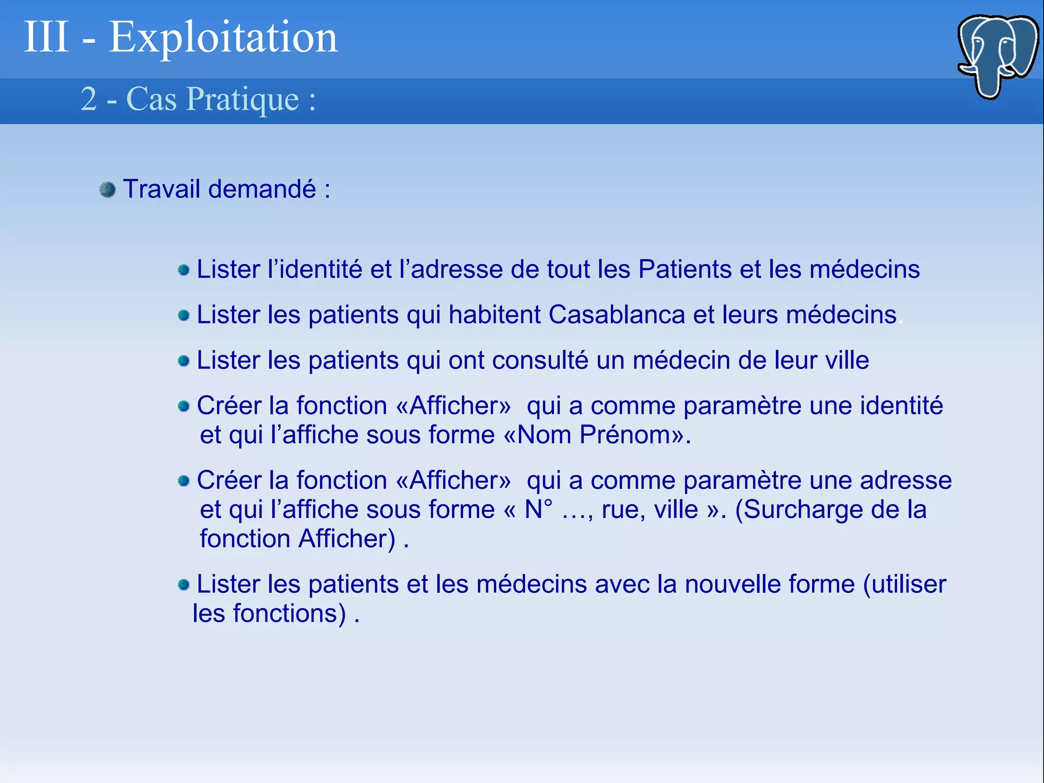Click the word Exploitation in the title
(x=223, y=37)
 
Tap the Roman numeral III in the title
(x=46, y=37)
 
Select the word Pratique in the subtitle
(x=243, y=99)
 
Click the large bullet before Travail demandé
(x=108, y=190)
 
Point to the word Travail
(x=162, y=189)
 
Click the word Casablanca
(x=616, y=315)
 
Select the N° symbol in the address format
(x=538, y=510)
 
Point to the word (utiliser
(x=904, y=584)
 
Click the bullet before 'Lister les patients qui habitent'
(x=184, y=316)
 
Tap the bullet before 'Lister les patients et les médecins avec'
(x=184, y=585)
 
